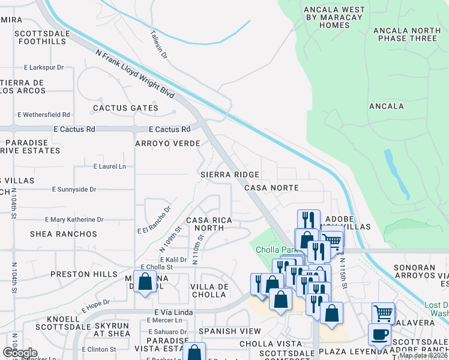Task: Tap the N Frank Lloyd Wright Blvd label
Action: tap(135, 74)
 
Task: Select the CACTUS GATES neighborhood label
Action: tap(125, 109)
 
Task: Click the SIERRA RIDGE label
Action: tap(230, 175)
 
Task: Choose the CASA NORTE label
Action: tap(271, 188)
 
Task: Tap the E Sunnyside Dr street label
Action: tap(74, 190)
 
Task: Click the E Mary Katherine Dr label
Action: tap(73, 220)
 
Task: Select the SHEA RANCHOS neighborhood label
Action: tap(63, 234)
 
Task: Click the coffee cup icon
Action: tap(379, 334)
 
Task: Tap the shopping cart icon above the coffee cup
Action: tap(383, 313)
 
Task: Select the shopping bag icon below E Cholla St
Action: tap(145, 281)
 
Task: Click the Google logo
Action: tap(19, 352)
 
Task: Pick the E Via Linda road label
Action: tap(172, 312)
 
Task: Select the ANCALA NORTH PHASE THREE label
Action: tap(405, 34)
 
